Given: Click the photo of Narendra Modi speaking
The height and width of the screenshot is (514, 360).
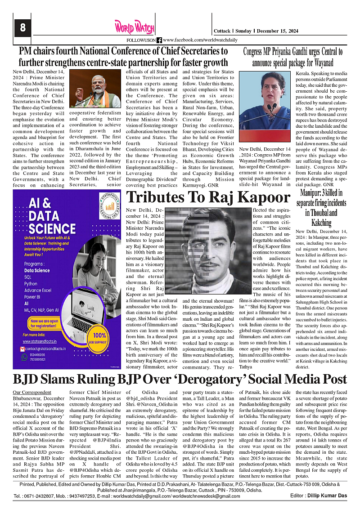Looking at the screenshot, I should coord(95,88).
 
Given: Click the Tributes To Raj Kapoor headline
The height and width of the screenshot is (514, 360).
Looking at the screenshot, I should coord(208,197).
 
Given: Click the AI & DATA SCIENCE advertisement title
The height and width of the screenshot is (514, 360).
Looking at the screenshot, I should coord(44,219).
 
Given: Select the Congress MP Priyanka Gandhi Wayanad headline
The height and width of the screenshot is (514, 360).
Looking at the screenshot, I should coord(293,57).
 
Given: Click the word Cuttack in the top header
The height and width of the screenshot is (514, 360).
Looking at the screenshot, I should coord(222,31).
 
